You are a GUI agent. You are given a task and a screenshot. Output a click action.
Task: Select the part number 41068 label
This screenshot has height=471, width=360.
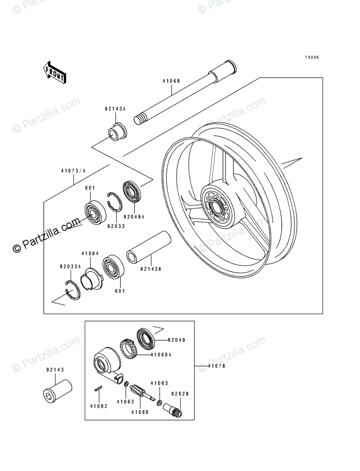point(171,81)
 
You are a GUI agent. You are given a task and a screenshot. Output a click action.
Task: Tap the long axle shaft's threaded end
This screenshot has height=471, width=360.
point(141,118)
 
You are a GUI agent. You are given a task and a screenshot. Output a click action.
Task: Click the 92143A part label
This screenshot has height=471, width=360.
point(116,109)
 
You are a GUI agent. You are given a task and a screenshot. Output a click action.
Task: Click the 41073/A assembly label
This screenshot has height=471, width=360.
point(73,171)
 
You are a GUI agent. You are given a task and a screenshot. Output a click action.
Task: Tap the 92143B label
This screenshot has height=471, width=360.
point(151,269)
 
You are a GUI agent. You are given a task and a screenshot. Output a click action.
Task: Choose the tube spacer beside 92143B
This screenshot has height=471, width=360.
point(149,247)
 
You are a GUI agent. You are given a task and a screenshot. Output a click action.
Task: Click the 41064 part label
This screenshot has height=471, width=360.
point(90,254)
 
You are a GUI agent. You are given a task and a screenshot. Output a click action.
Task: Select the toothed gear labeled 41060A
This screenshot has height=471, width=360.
point(128,349)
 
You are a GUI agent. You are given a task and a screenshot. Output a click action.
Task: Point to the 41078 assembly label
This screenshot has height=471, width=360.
point(216,366)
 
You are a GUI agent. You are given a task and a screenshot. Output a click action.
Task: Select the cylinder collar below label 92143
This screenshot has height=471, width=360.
point(58,390)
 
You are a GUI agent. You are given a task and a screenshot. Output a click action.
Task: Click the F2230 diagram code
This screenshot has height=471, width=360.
point(312,58)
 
